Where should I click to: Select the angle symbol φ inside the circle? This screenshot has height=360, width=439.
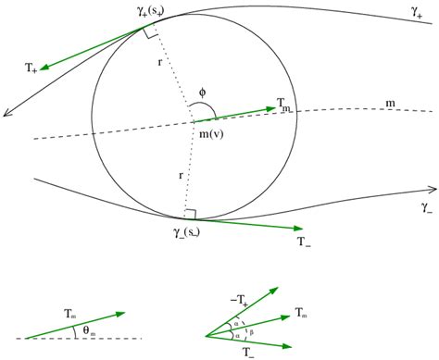pyautogui.click(x=202, y=93)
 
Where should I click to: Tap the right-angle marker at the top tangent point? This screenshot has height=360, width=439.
pyautogui.click(x=150, y=32)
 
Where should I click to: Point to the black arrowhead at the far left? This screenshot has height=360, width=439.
pyautogui.click(x=7, y=112)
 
